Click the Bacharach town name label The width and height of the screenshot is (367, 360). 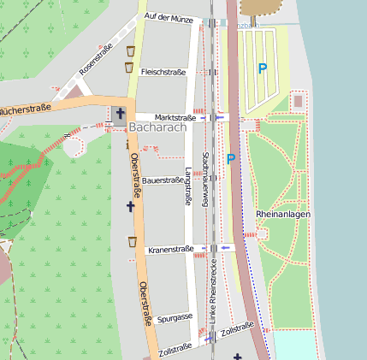(x=159, y=127)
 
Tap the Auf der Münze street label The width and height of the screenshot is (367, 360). (x=169, y=17)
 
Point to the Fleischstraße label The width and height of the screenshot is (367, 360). (x=163, y=72)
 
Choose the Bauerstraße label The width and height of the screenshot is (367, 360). (x=163, y=180)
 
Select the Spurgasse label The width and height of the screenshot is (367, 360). (x=174, y=316)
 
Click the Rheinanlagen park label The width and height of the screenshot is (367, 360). (x=282, y=213)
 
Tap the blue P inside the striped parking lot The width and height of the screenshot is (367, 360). (x=263, y=68)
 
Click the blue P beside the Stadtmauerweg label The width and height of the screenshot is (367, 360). (x=230, y=158)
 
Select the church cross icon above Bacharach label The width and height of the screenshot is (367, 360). (x=120, y=113)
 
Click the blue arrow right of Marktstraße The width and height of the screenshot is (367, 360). (x=220, y=117)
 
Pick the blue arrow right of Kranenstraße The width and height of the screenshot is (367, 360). (x=226, y=247)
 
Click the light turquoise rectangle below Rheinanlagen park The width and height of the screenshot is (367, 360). (x=295, y=345)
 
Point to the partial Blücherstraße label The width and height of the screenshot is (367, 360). (x=26, y=109)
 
